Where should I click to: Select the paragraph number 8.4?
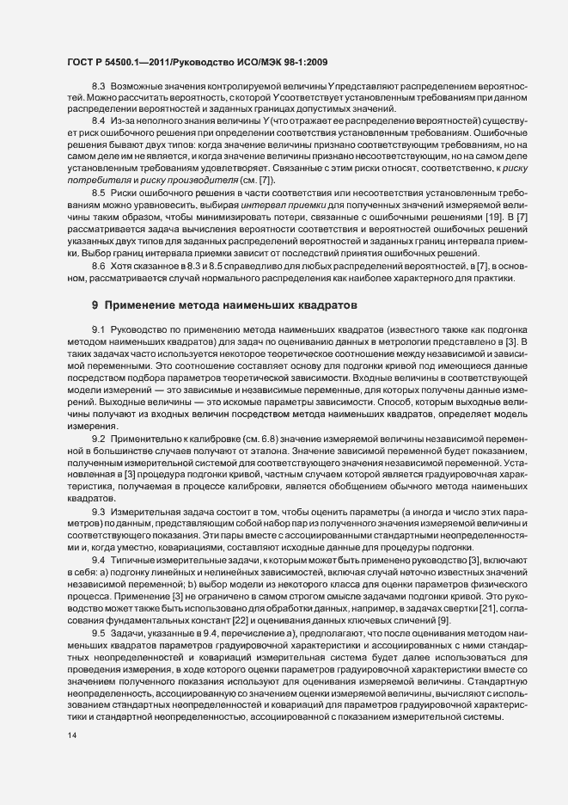(x=98, y=122)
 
